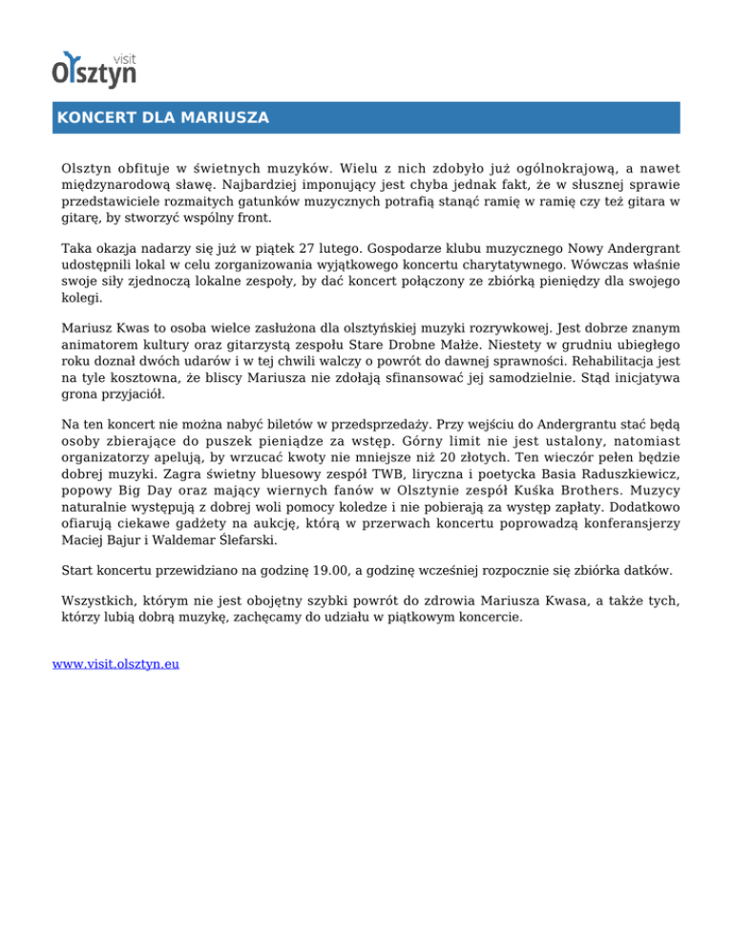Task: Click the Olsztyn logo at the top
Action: pyautogui.click(x=94, y=68)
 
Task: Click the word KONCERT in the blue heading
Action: pyautogui.click(x=90, y=118)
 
